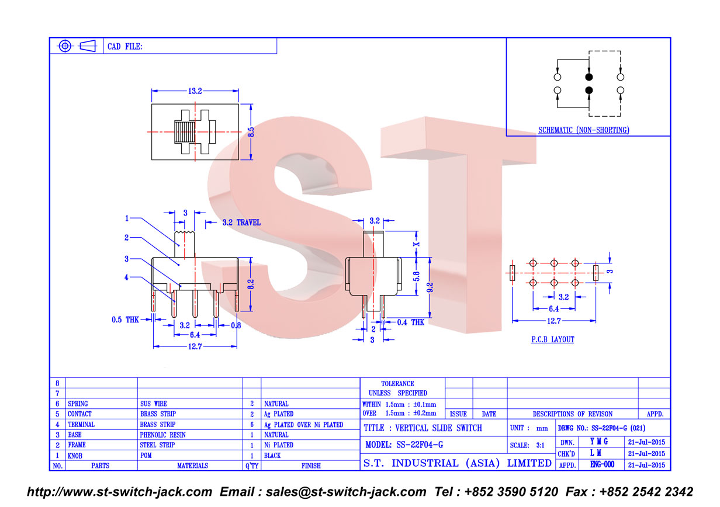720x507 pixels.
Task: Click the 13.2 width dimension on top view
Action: (x=195, y=91)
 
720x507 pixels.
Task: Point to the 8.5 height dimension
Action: (x=251, y=132)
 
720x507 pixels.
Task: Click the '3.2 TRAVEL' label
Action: (x=241, y=223)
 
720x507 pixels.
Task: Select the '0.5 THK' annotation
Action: (x=125, y=320)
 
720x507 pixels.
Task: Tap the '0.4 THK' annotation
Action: (x=410, y=322)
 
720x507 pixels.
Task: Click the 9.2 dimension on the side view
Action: (x=430, y=287)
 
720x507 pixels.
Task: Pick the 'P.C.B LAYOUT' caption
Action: (x=552, y=339)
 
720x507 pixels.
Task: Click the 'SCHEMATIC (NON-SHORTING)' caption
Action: (x=584, y=130)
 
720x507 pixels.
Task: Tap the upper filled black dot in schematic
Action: (x=589, y=77)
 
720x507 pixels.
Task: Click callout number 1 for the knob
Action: (x=127, y=218)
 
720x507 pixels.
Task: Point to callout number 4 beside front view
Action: (x=126, y=277)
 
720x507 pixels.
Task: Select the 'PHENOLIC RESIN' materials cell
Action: (x=162, y=435)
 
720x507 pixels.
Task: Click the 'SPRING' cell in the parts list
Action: (x=78, y=404)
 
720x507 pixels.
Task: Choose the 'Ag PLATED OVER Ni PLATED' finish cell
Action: (x=304, y=425)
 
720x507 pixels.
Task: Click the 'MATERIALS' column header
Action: (x=192, y=466)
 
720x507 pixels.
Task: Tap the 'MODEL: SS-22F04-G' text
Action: (x=404, y=445)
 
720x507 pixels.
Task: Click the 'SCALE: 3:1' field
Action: (x=527, y=446)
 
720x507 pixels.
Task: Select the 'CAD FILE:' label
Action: (x=124, y=47)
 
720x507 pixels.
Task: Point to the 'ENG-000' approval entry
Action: (x=602, y=464)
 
